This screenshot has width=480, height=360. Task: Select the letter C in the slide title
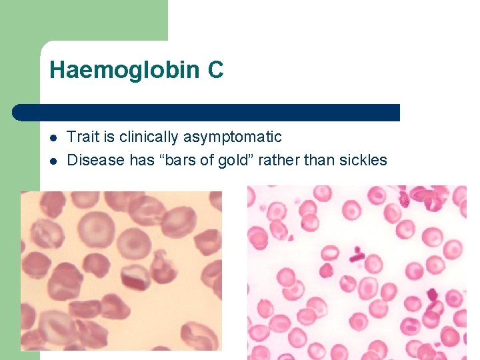pyautogui.click(x=215, y=70)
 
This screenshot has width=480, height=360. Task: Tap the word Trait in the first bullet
pyautogui.click(x=83, y=137)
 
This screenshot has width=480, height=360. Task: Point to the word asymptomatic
pyautogui.click(x=233, y=137)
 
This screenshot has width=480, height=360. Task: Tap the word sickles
pyautogui.click(x=363, y=160)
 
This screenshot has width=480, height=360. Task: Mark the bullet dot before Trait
pyautogui.click(x=53, y=139)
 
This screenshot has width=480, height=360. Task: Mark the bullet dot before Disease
pyautogui.click(x=53, y=161)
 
